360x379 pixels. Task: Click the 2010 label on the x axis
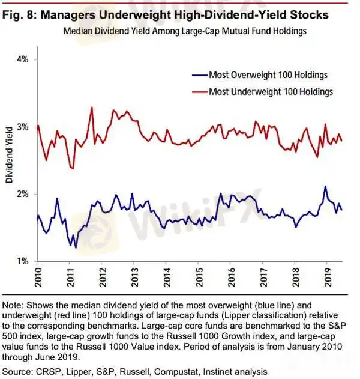click(37, 277)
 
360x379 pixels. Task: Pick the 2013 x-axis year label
click(133, 277)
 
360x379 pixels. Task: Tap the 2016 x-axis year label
click(229, 277)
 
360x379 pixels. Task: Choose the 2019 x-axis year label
click(326, 277)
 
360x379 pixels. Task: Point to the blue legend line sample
click(196, 75)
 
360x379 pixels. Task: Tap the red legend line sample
click(196, 91)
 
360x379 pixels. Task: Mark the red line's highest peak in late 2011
click(92, 108)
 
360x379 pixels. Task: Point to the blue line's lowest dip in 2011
click(76, 247)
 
